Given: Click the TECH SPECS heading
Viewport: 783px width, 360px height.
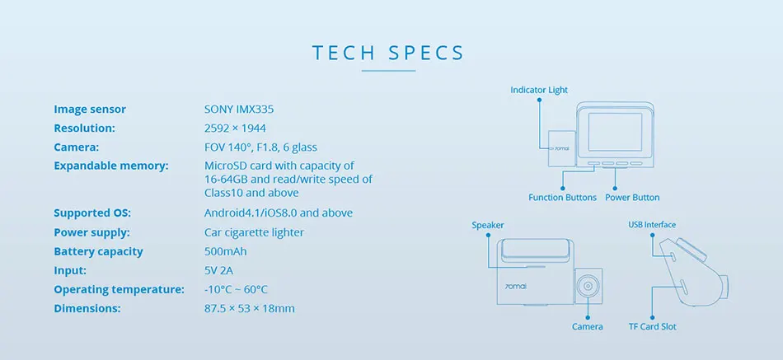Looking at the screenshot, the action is coord(388,54).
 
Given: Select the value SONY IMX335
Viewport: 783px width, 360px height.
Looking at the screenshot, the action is coord(240,109).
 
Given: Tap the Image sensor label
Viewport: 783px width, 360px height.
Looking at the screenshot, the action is coord(90,109).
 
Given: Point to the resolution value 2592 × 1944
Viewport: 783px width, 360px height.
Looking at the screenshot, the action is coord(235,128).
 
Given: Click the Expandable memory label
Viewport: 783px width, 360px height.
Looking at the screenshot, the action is coord(111,166).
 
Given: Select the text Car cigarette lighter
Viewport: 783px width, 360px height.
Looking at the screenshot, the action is coord(254,232).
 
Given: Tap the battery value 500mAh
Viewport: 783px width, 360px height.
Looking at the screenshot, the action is coord(225,251).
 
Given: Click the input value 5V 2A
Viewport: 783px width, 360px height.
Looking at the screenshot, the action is coord(219,270).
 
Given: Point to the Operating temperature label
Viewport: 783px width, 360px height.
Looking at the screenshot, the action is coord(119,289).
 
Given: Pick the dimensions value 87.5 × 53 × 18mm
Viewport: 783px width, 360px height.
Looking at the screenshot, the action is coord(249,308).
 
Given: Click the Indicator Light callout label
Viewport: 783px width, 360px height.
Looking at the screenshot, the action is coord(539,90).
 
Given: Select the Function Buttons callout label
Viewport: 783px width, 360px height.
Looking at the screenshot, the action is coord(562,198).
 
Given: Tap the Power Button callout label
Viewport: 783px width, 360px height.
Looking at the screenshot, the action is coord(632,198).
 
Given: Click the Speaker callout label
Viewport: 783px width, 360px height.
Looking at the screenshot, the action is coord(487,225).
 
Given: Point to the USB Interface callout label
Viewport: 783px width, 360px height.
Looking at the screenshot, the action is coord(652,225).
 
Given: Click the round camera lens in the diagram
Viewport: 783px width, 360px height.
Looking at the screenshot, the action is coord(588,285).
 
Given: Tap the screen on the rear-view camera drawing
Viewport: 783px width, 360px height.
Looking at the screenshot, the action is coord(615,132).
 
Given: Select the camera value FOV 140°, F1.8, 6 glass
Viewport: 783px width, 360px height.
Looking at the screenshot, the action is coord(260,147).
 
